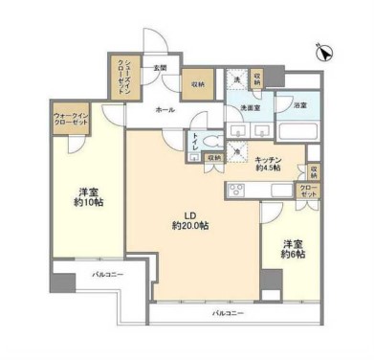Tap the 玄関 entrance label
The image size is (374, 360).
coord(160,69)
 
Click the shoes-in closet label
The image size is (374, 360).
coord(122,73)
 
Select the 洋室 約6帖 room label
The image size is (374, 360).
coord(293,249)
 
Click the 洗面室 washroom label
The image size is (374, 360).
coord(252,108)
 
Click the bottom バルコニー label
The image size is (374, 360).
coord(228,313)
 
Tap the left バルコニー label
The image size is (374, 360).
coord(108,275)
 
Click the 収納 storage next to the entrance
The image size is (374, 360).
coord(197,82)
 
